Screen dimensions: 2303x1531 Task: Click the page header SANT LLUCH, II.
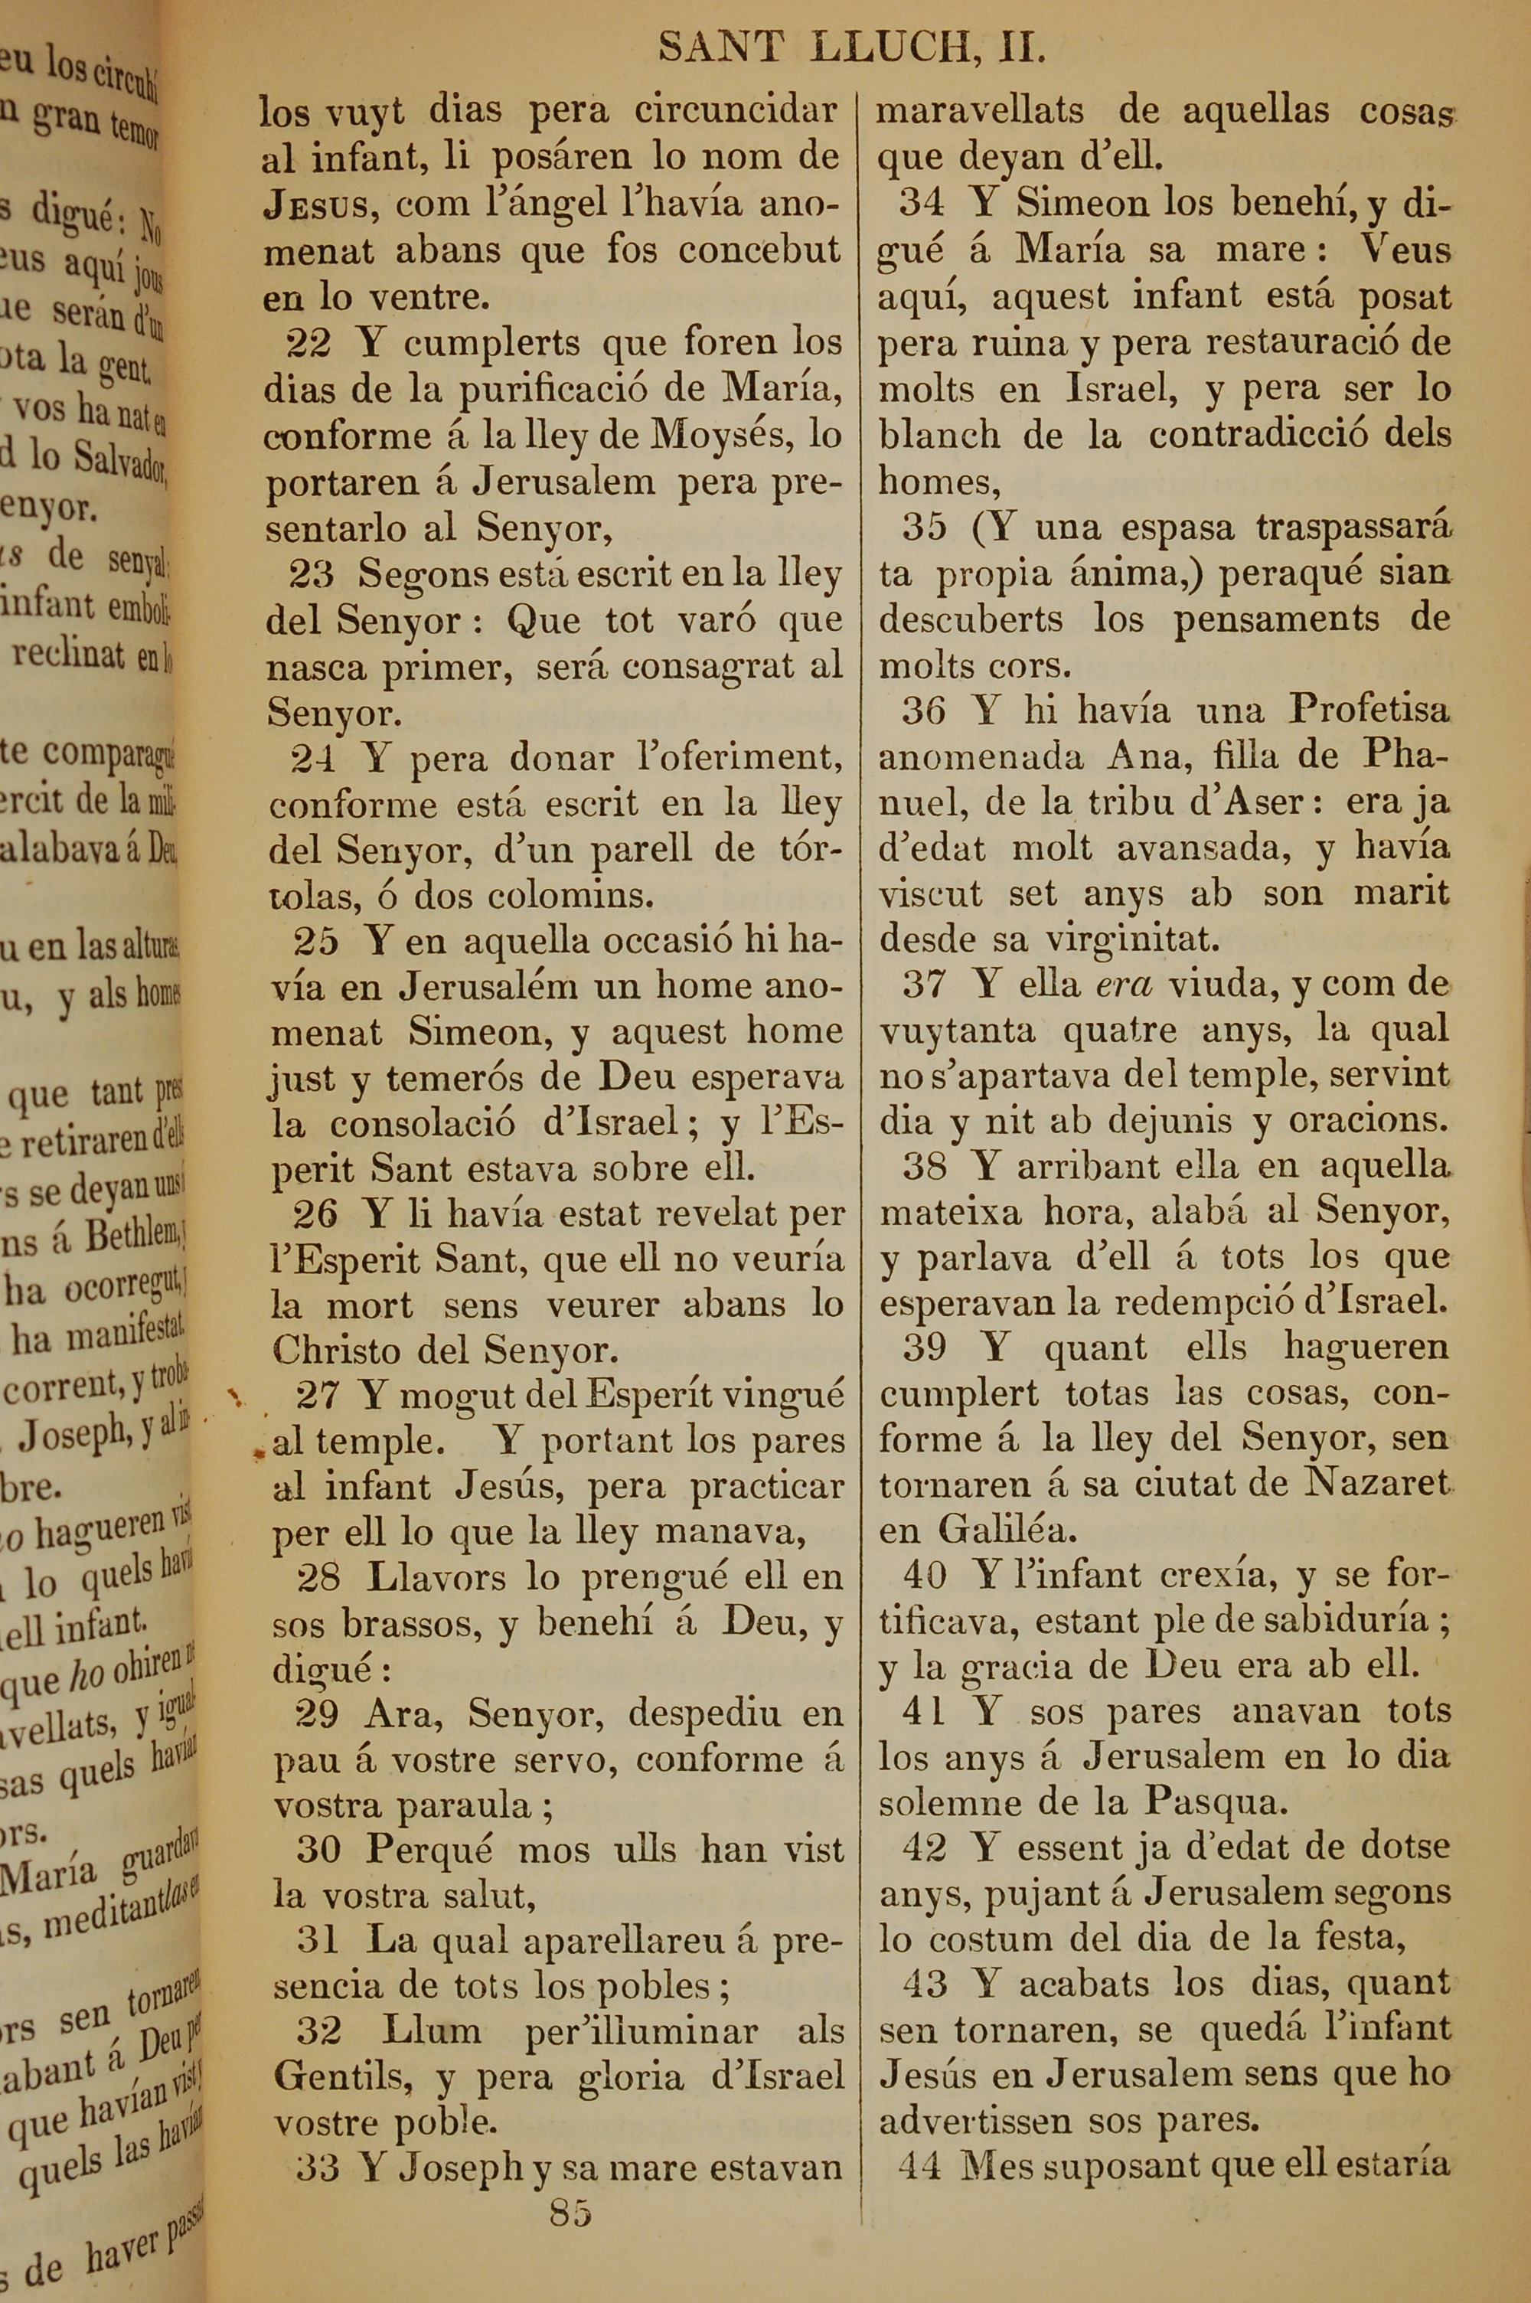[850, 47]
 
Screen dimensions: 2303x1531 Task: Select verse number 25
[316, 941]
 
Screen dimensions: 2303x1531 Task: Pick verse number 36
[924, 710]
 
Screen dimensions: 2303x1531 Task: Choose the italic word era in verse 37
[1125, 986]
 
